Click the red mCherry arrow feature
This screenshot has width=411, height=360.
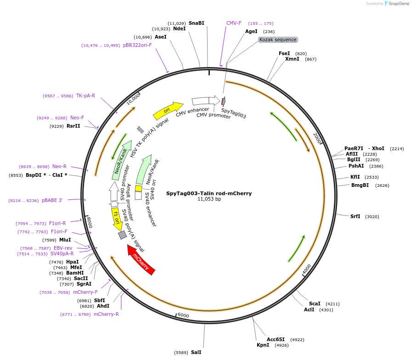pyautogui.click(x=141, y=260)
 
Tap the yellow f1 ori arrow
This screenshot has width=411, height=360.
pyautogui.click(x=117, y=219)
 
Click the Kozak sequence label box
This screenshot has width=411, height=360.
pyautogui.click(x=278, y=40)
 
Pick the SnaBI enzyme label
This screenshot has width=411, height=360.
pyautogui.click(x=196, y=23)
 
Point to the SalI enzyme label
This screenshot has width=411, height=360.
pyautogui.click(x=196, y=352)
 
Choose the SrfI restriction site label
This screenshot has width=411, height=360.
pyautogui.click(x=355, y=216)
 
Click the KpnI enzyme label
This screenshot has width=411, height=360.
pyautogui.click(x=263, y=345)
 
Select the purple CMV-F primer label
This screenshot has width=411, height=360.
pyautogui.click(x=234, y=23)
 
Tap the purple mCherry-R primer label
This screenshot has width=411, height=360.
pyautogui.click(x=106, y=314)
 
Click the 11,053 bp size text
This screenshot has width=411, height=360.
pyautogui.click(x=209, y=199)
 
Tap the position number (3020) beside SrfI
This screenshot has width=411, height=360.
pyautogui.click(x=372, y=217)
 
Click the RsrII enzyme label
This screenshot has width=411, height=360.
pyautogui.click(x=73, y=126)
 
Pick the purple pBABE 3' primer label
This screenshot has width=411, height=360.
pyautogui.click(x=52, y=200)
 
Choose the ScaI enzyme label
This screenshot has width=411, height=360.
pyautogui.click(x=315, y=304)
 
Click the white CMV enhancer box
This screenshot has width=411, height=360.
pyautogui.click(x=200, y=101)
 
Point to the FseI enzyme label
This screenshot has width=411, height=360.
pyautogui.click(x=284, y=53)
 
